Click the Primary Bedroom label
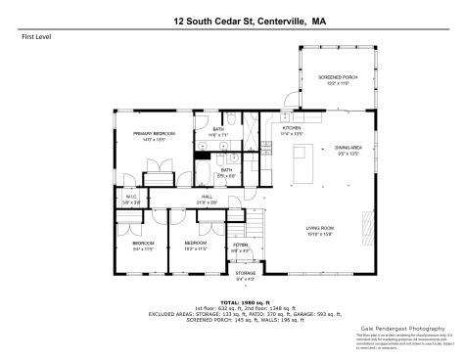click(x=155, y=133)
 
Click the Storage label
click(x=246, y=274)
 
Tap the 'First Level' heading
click(x=36, y=38)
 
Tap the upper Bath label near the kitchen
click(x=218, y=128)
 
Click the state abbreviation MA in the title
click(x=319, y=18)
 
